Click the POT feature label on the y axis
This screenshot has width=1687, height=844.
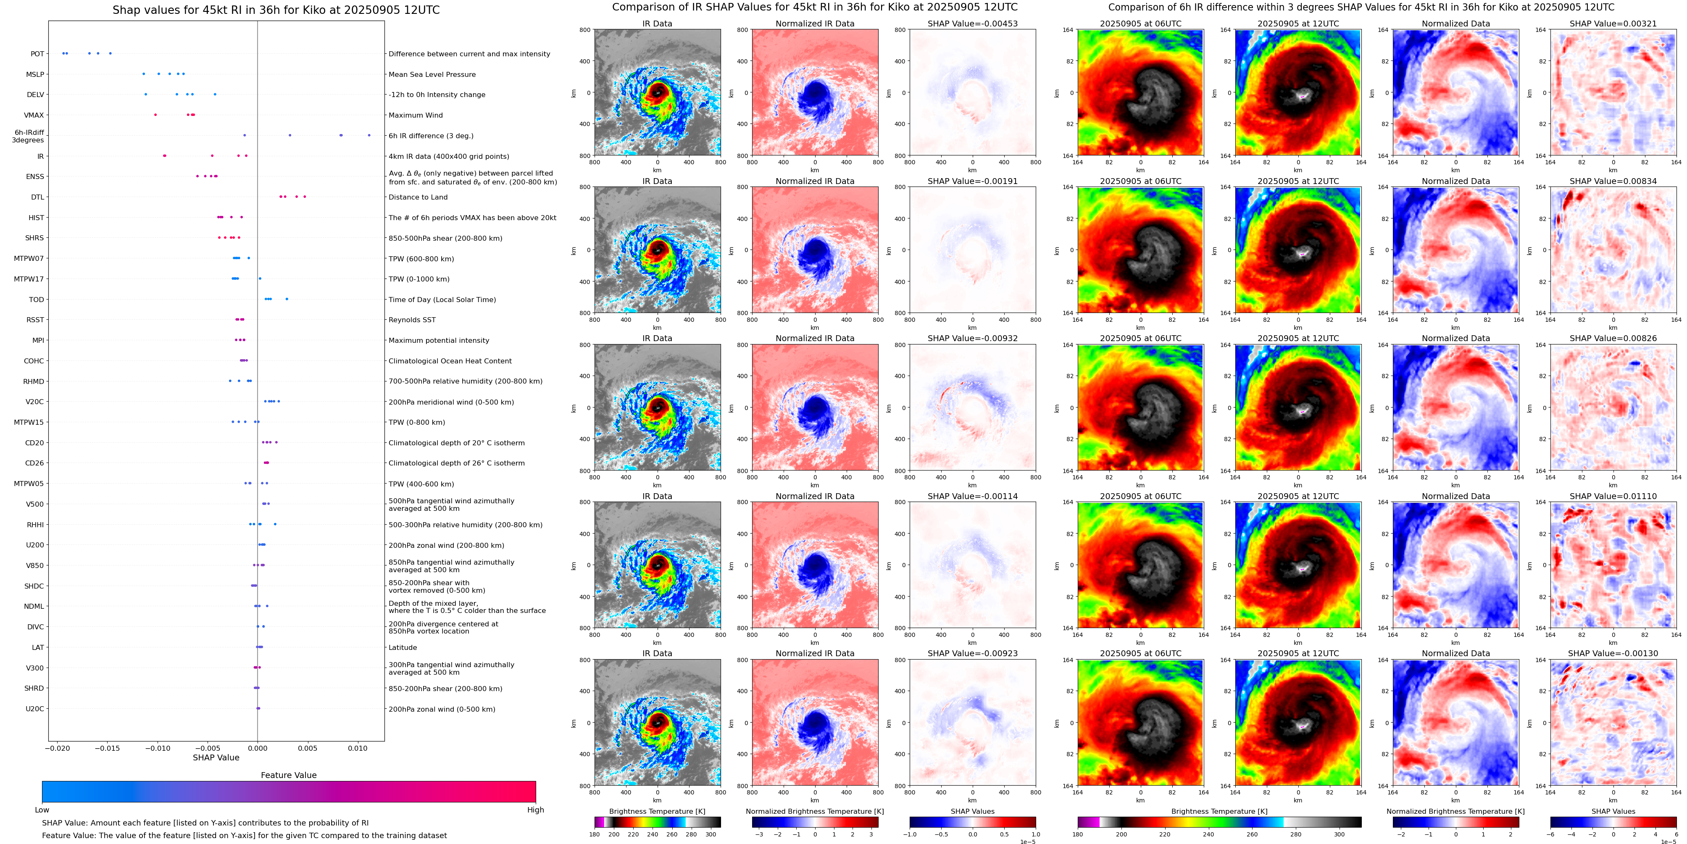click(37, 54)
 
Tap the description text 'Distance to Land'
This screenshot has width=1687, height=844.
click(418, 197)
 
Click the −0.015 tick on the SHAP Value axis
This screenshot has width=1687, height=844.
click(108, 748)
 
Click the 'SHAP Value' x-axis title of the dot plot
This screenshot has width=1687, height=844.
click(216, 757)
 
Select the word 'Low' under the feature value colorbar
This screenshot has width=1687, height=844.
click(42, 810)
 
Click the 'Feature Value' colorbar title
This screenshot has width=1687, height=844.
click(288, 775)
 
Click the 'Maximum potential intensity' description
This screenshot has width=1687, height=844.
click(438, 340)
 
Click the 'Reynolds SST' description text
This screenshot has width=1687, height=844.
click(411, 320)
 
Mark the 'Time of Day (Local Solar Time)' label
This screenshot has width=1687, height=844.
click(442, 300)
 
